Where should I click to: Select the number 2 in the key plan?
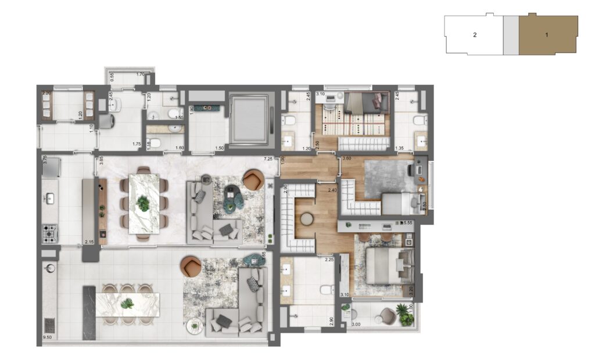coord(475,35)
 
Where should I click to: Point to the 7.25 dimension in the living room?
coord(268,159)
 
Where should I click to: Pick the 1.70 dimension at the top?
coord(140,74)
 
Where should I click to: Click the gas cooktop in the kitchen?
coord(49,235)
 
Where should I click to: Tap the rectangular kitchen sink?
coord(49,199)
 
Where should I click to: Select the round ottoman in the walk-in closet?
coord(306,219)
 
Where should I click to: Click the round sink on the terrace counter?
coord(49,268)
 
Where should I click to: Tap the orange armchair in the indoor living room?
coord(253,179)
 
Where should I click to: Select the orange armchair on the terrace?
coord(191,267)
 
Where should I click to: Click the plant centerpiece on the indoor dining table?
coord(142,203)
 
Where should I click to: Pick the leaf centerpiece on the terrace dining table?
coord(127,303)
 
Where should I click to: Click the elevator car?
coord(249,120)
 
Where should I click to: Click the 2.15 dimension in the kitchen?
coord(89,242)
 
